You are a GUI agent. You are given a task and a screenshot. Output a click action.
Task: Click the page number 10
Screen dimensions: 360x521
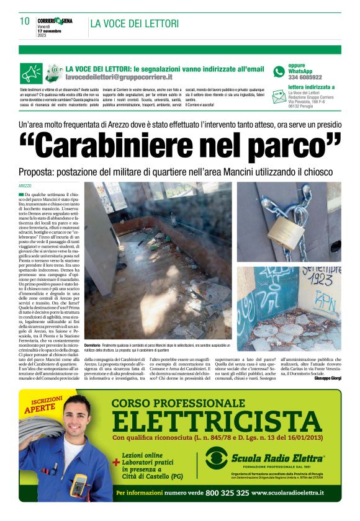coord(25,22)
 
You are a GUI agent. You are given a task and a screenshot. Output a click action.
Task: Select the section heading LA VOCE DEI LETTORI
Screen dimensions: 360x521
coord(135,24)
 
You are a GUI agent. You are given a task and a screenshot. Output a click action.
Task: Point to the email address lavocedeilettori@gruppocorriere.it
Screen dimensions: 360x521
coord(119,78)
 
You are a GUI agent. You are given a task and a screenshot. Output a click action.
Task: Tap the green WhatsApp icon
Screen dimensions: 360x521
coord(279,71)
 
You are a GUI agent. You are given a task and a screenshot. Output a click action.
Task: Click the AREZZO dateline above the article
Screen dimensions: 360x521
coord(25,185)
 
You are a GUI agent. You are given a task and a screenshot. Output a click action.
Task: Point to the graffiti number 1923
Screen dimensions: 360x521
coord(321,280)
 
